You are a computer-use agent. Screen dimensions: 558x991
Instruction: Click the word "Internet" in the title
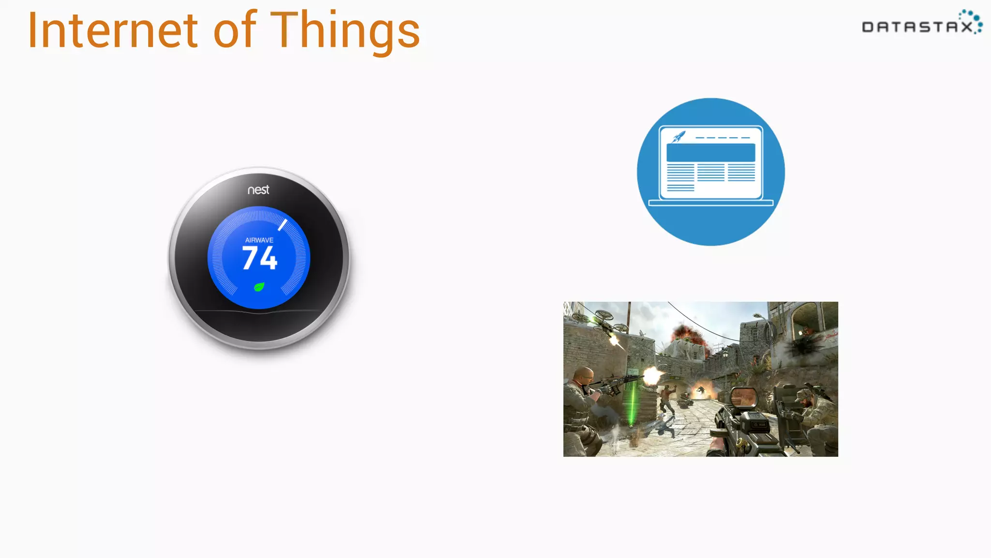[113, 31]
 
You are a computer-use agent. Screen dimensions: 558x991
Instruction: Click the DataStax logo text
[917, 27]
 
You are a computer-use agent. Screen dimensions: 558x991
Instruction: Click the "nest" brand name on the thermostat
[258, 190]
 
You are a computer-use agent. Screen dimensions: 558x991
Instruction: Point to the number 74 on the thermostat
[260, 258]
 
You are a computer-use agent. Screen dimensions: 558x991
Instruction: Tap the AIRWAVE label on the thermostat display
[259, 240]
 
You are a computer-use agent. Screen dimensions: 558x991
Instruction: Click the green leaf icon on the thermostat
[259, 287]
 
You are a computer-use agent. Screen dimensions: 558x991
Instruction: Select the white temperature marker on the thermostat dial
[283, 225]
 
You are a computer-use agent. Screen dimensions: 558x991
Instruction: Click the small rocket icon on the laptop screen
[678, 137]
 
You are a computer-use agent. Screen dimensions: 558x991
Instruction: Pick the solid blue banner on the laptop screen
[711, 153]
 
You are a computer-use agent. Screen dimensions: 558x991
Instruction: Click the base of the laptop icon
[711, 203]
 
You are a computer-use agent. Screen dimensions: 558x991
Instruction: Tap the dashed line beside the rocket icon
[723, 138]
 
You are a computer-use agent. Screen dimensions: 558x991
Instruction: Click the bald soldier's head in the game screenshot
[585, 375]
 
